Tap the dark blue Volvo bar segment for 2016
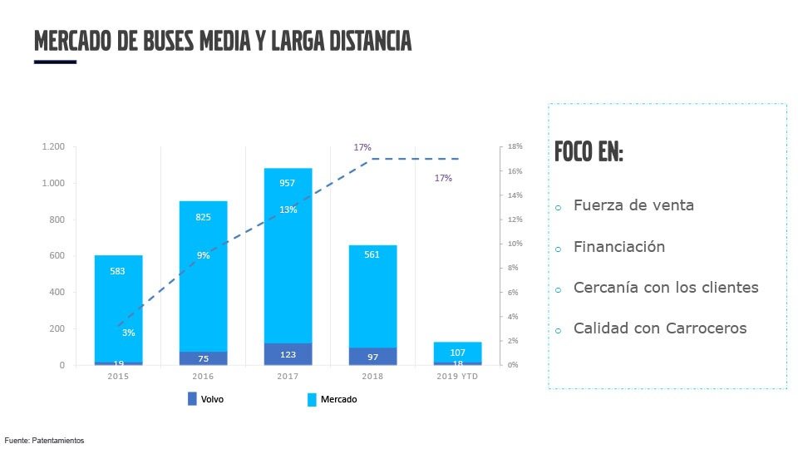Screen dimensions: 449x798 click(x=203, y=358)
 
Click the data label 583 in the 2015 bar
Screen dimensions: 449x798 click(x=118, y=271)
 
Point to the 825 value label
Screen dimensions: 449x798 click(x=203, y=217)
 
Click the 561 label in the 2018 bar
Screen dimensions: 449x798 click(x=372, y=254)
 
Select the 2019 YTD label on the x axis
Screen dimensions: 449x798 click(x=457, y=377)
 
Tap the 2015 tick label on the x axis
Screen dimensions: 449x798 click(x=118, y=377)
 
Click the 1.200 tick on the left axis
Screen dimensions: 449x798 click(x=53, y=147)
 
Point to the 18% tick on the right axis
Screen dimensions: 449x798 click(x=515, y=147)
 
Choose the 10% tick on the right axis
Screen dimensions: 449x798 click(x=515, y=244)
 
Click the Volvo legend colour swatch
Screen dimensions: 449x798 click(x=192, y=399)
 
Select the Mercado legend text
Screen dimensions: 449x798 click(x=339, y=399)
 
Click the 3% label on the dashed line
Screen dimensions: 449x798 click(x=128, y=333)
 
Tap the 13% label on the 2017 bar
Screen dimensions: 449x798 click(x=288, y=210)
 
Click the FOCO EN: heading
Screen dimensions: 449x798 click(x=589, y=153)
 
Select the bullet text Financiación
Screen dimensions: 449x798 click(x=619, y=247)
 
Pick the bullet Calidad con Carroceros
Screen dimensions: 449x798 click(x=660, y=328)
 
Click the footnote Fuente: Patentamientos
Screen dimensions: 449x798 click(x=44, y=440)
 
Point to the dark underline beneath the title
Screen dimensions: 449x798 click(x=55, y=62)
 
